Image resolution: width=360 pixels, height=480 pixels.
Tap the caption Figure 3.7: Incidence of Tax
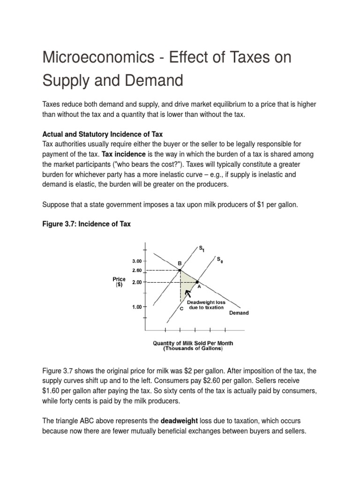tap(86, 224)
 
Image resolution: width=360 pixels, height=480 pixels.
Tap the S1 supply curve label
tap(202, 248)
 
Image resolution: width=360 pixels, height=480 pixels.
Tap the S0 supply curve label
tap(219, 259)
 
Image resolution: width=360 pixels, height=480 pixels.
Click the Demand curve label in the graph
tap(239, 313)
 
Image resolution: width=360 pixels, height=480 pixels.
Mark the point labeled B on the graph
tap(180, 270)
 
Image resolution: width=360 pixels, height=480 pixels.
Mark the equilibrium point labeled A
tap(197, 282)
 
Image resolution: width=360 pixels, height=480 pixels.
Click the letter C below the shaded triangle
tap(180, 309)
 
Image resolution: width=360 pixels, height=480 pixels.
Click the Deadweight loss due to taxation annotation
tap(206, 305)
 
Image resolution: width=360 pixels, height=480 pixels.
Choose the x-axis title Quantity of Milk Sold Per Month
tap(193, 343)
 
